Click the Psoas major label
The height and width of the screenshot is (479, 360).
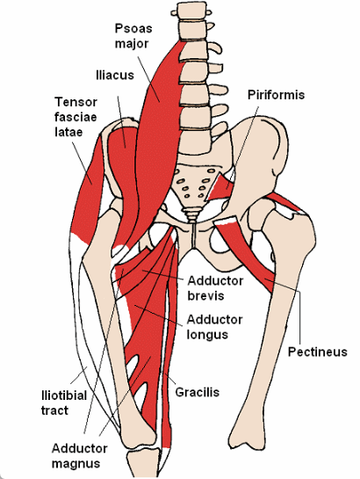click(x=133, y=36)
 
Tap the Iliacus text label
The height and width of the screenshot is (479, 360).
click(x=115, y=76)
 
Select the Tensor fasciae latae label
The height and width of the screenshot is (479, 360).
click(x=76, y=117)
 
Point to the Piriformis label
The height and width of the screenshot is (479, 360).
click(x=276, y=95)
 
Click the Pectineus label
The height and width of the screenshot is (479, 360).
click(x=318, y=352)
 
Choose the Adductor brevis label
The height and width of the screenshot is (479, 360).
click(x=215, y=288)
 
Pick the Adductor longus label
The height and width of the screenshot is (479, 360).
click(x=215, y=327)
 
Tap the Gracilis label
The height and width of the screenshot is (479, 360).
click(x=198, y=392)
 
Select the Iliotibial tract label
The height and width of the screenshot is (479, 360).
click(x=64, y=403)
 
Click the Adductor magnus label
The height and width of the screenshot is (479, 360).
click(x=79, y=456)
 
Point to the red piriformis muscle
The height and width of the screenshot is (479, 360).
click(x=220, y=185)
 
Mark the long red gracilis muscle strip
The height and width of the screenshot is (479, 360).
click(x=169, y=352)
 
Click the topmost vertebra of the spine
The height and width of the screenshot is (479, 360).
click(x=189, y=10)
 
